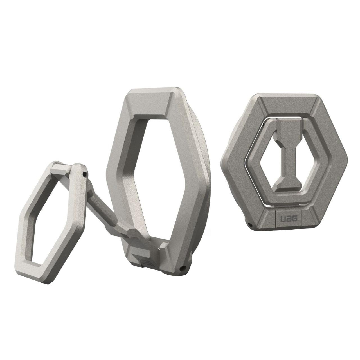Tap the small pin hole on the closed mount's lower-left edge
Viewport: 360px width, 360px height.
(x=250, y=225)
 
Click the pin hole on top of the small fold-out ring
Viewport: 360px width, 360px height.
(x=84, y=174)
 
